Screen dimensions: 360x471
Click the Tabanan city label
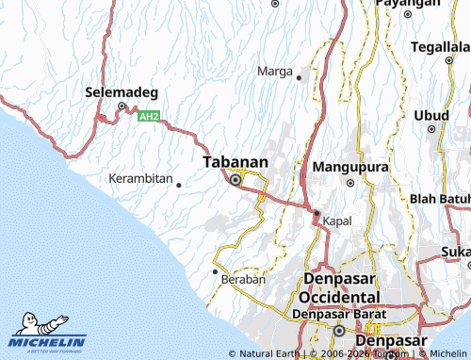[235, 162]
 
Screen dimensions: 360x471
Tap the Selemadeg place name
[122, 92]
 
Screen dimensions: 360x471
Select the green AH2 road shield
[149, 117]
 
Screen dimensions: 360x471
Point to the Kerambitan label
[140, 178]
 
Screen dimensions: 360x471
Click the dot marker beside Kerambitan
[179, 185]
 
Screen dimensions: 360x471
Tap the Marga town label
[274, 71]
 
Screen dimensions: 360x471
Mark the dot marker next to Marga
[300, 76]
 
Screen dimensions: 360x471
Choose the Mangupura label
[350, 166]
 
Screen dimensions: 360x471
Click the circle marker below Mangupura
[349, 183]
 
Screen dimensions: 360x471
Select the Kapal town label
[336, 221]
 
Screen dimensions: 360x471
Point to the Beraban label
[243, 280]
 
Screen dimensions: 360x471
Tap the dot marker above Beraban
[215, 270]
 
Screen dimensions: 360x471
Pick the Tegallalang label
[441, 48]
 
